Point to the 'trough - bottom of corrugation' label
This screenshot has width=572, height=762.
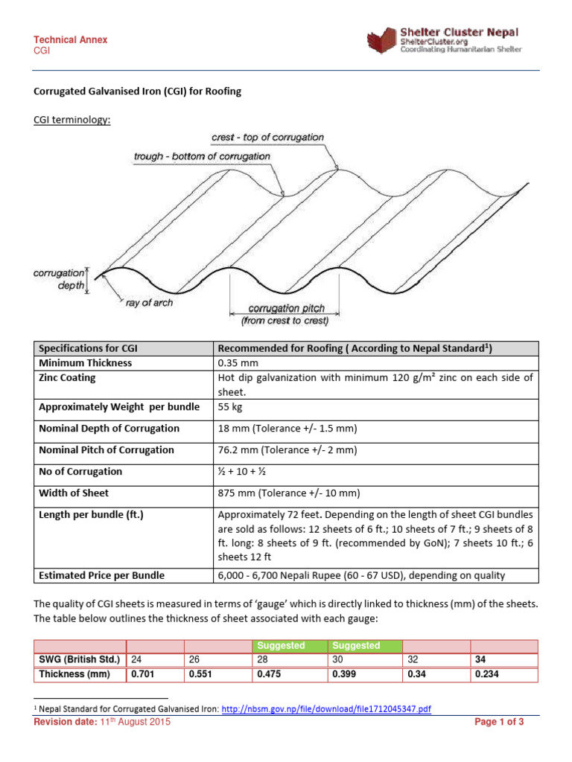point(202,157)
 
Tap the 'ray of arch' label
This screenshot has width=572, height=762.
point(149,303)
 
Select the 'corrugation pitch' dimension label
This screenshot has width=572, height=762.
point(286,308)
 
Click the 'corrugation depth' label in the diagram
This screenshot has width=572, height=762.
point(59,279)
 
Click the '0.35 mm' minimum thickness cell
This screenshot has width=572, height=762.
point(234,363)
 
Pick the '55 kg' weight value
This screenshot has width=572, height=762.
point(228,407)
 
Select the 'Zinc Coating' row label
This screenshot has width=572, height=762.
point(67,378)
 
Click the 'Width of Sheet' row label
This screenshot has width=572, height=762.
point(74,493)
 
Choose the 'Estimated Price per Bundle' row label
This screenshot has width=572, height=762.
point(101,574)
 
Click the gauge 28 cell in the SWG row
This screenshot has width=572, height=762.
point(261,660)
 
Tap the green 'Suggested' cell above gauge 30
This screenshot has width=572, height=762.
point(356,646)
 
